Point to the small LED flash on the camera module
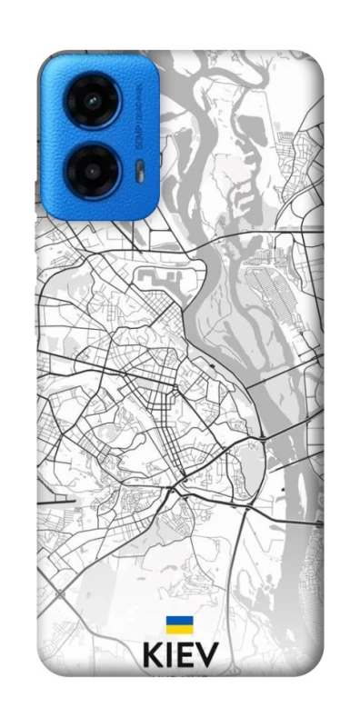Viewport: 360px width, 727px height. pos(137,168)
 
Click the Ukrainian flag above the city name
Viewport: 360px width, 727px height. pos(178,624)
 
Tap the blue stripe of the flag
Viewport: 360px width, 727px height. pos(178,620)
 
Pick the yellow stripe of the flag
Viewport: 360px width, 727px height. pos(178,629)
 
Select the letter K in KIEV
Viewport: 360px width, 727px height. pos(153,656)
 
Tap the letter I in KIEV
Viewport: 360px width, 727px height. pos(170,656)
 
